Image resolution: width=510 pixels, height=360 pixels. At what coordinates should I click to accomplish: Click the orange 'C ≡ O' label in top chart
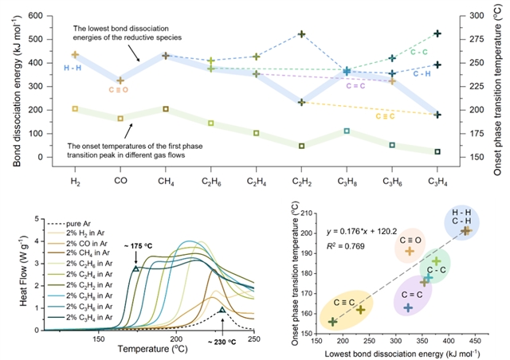[x=120, y=90]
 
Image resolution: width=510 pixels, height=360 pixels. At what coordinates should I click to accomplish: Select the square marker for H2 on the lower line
[x=75, y=109]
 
